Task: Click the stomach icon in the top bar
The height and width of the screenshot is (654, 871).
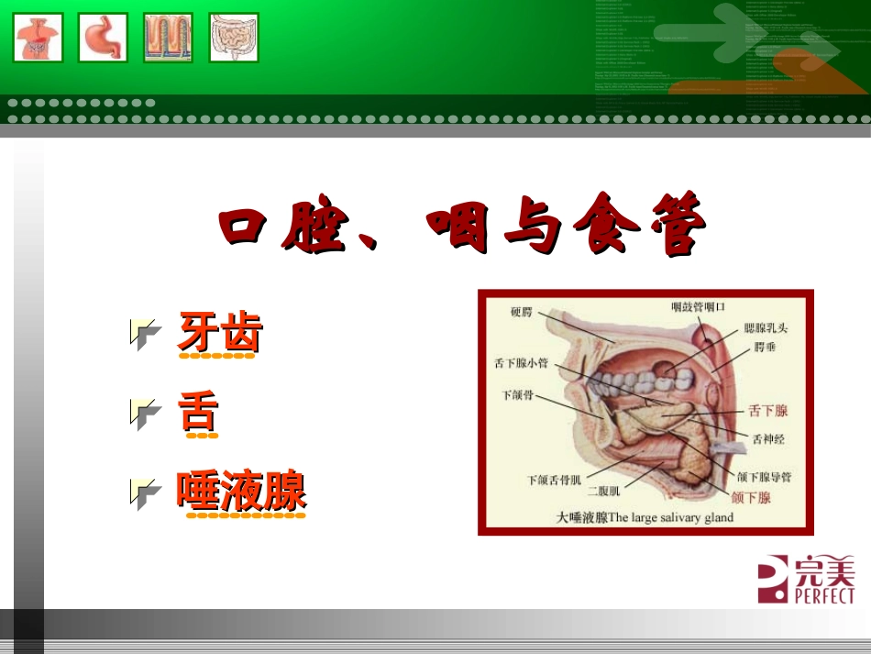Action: click(103, 38)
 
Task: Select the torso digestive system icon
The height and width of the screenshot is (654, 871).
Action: click(39, 38)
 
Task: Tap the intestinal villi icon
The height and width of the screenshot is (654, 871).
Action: click(168, 38)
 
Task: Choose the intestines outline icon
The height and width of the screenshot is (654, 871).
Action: click(234, 38)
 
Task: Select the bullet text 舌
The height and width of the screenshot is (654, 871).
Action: click(199, 413)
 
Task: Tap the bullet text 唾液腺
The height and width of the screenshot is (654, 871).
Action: click(241, 492)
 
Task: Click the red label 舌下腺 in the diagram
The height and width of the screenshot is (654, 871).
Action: click(768, 410)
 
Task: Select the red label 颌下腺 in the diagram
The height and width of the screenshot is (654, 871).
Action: click(751, 498)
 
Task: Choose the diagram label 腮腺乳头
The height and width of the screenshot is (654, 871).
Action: click(766, 327)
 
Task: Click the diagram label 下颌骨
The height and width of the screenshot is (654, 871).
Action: click(517, 396)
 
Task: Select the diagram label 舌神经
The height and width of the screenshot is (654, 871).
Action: click(768, 438)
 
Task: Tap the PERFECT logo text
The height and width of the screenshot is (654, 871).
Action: click(806, 595)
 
